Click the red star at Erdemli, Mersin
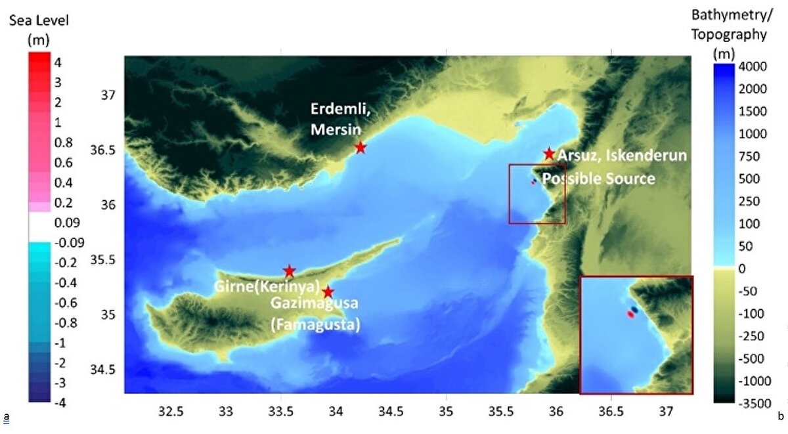(x=360, y=148)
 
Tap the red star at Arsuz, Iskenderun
(x=550, y=154)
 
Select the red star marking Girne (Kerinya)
(x=289, y=271)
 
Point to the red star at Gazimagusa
(x=328, y=292)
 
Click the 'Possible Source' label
(x=599, y=179)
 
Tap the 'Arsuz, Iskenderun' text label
(x=621, y=156)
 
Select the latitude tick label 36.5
(x=101, y=150)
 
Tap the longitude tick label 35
(x=447, y=412)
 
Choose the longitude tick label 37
(x=667, y=412)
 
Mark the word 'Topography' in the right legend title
(x=739, y=35)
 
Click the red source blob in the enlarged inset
(x=630, y=315)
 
